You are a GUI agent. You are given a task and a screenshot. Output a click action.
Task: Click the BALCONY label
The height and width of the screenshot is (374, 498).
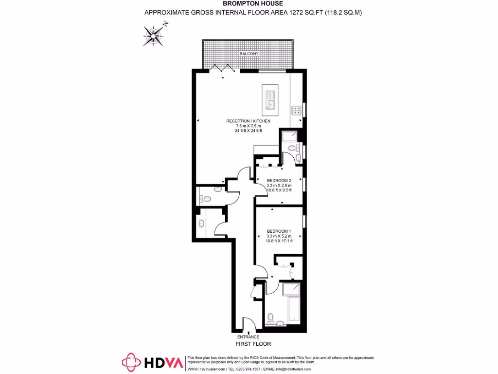pyautogui.click(x=248, y=53)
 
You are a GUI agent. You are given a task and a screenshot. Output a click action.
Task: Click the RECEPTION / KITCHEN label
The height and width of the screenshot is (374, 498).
pyautogui.click(x=248, y=121)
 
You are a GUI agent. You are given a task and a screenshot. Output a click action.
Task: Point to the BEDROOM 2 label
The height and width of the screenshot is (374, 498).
pyautogui.click(x=279, y=180)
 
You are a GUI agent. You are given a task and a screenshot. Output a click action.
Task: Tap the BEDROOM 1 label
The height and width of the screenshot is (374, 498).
pyautogui.click(x=279, y=231)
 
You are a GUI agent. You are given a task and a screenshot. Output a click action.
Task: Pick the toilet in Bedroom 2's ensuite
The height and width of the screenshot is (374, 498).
pyautogui.click(x=292, y=148)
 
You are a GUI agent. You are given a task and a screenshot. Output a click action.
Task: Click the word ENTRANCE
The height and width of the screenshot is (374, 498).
pyautogui.click(x=248, y=337)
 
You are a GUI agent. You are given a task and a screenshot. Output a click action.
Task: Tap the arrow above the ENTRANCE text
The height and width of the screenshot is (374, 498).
pyautogui.click(x=249, y=331)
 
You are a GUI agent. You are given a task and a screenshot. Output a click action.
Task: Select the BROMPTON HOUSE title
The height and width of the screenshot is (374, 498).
pyautogui.click(x=249, y=4)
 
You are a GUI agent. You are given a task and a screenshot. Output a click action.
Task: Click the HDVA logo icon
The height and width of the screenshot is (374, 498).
pyautogui.click(x=131, y=362)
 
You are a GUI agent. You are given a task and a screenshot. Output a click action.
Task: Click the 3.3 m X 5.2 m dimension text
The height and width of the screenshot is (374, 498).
pyautogui.click(x=279, y=236)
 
